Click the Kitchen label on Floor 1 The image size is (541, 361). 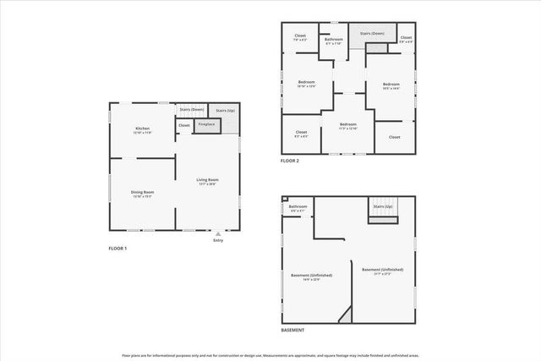click(143, 129)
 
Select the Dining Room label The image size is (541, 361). click(142, 193)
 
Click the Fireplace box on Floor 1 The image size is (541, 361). click(206, 125)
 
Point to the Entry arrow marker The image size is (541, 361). click(218, 234)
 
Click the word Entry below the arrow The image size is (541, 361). click(218, 241)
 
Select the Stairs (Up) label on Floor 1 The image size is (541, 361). click(225, 111)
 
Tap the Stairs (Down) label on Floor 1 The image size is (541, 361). click(192, 110)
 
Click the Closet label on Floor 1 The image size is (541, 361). click(184, 125)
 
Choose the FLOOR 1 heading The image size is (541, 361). click(119, 249)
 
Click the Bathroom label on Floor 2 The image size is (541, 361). click(334, 39)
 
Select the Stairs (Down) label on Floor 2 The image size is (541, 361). click(373, 34)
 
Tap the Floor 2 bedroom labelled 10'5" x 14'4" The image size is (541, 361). click(390, 85)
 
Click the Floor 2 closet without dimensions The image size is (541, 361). click(394, 136)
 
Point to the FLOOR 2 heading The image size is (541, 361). click(290, 161)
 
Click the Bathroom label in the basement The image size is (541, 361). click(298, 207)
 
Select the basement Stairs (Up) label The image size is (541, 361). click(382, 205)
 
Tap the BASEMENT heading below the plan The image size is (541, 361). click(292, 330)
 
